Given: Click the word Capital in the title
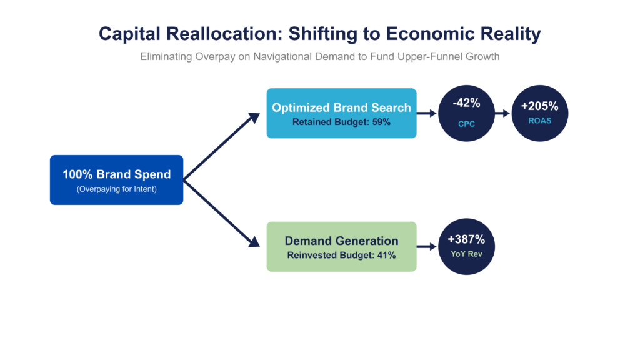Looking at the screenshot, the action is tap(129, 34).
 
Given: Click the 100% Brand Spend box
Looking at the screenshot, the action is tap(117, 180).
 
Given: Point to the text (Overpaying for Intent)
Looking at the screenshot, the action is tap(117, 189).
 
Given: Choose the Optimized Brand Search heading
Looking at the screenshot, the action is tap(342, 107).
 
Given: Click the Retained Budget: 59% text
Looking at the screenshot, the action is tap(342, 122).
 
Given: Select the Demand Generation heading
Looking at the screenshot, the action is tap(342, 241).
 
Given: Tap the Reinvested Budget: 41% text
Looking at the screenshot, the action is tap(342, 256).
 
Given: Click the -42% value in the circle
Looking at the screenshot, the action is tap(466, 103).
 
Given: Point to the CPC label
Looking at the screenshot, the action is tap(466, 124).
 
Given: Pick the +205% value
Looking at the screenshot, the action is tap(539, 106).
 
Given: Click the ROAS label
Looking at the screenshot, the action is tap(539, 121).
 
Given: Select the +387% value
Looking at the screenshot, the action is tap(466, 239).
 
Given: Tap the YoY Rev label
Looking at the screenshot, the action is tap(466, 254).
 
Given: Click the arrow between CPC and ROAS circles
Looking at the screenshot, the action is tap(502, 113).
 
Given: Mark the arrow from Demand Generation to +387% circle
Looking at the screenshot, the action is tap(427, 246).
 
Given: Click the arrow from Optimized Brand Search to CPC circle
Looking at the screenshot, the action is tap(427, 113).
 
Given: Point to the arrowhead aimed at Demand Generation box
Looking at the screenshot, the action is tap(255, 242).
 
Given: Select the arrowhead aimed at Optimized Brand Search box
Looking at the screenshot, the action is tap(255, 118).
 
